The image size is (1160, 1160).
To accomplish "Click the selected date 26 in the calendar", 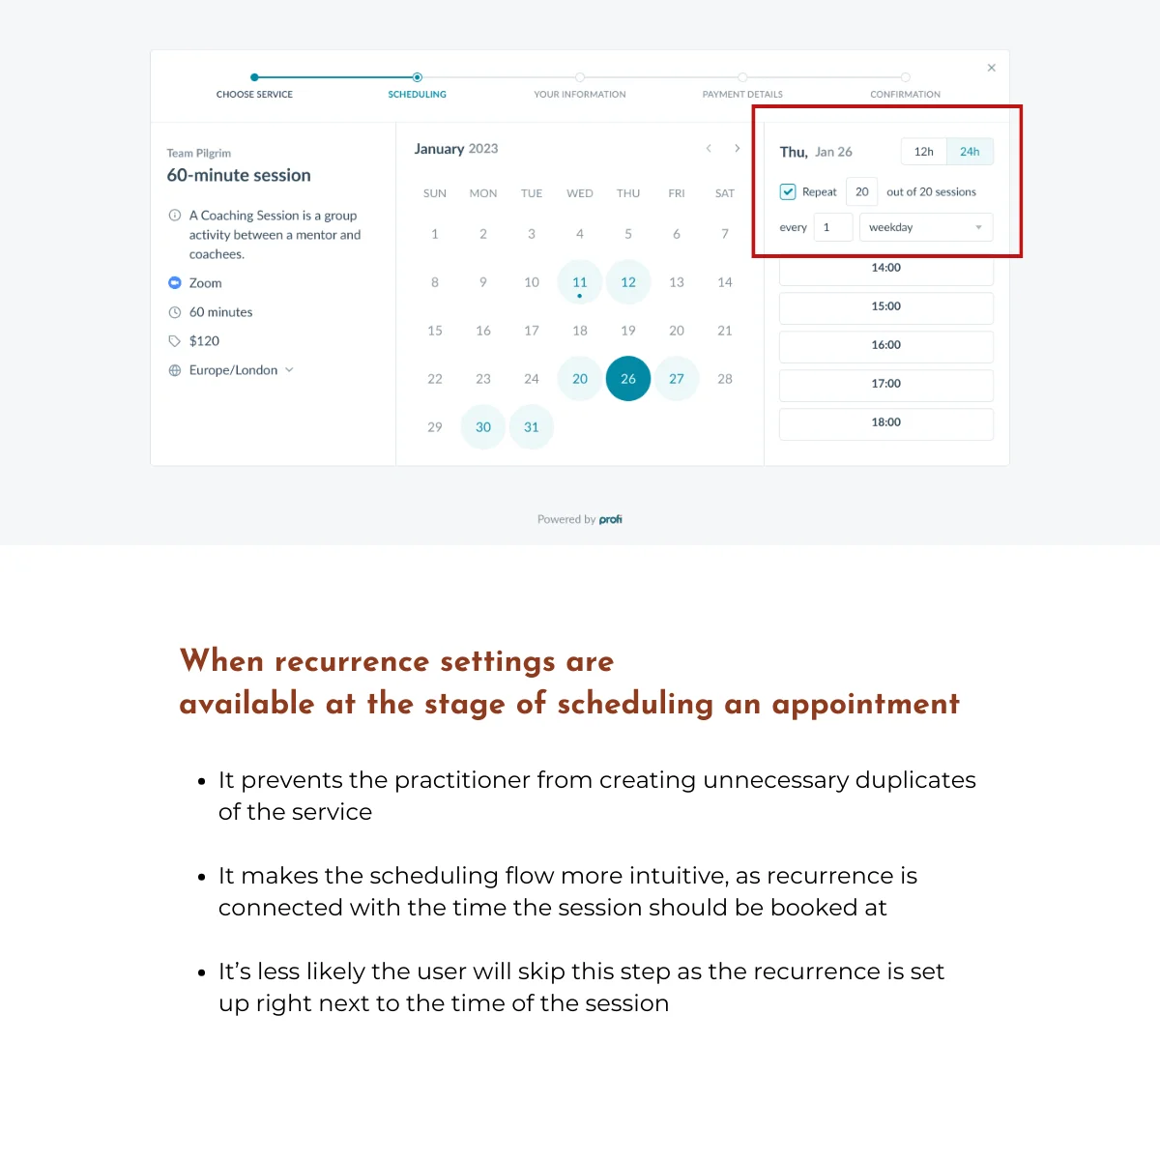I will pos(628,379).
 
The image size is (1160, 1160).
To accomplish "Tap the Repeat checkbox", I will pos(788,191).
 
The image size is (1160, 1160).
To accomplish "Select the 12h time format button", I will pos(924,152).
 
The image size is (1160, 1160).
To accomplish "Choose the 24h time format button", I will pos(970,152).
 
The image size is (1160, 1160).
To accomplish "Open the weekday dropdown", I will pos(925,227).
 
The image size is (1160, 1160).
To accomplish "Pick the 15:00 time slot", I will pos(885,306).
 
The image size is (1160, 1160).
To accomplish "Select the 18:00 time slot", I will pos(885,422).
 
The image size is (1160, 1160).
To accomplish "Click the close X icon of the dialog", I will pos(991,68).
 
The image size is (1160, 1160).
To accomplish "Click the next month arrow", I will pos(737,148).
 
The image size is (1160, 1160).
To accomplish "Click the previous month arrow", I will pos(709,148).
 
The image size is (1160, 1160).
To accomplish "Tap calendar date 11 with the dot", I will pos(580,282).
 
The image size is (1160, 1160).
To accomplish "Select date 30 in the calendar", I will pos(483,427).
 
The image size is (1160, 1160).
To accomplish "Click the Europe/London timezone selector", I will pos(233,370).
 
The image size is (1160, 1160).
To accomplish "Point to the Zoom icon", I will pos(175,283).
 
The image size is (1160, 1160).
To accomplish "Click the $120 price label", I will pos(204,341).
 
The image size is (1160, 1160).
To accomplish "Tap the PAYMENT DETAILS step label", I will pos(742,95).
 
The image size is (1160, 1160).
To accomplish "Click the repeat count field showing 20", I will pos(861,191).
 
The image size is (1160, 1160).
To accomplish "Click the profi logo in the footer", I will pos(610,519).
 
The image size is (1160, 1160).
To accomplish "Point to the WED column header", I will pos(580,193).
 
